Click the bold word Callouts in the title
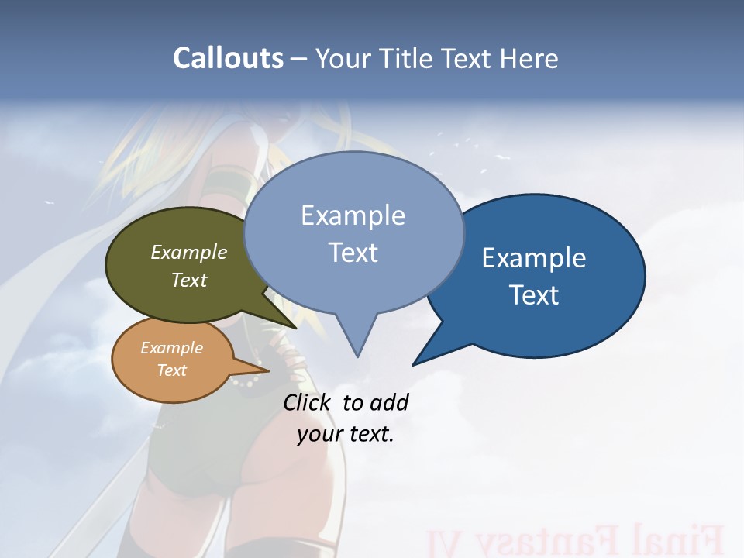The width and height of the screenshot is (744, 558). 228,58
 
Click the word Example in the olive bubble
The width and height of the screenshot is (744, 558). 189,252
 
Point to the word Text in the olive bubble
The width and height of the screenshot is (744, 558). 189,280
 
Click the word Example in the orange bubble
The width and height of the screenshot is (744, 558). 172,348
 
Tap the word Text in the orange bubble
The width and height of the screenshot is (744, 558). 172,370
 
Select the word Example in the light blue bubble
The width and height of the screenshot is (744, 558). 353,215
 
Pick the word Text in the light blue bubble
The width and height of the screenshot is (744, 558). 353,253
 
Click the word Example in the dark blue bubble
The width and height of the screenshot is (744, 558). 534,258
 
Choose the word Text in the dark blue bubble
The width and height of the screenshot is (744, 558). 534,295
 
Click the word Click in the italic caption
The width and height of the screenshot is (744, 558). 306,402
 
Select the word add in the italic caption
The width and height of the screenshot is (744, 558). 388,402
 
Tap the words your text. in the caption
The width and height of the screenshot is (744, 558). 346,434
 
